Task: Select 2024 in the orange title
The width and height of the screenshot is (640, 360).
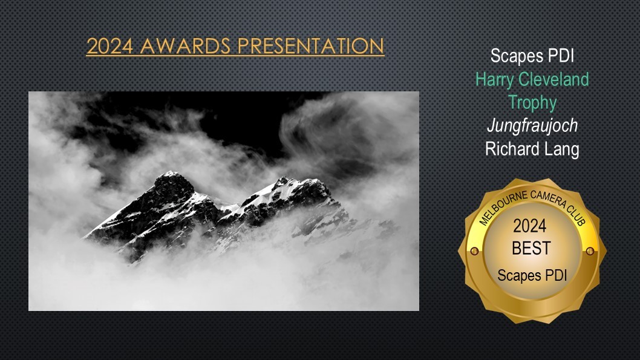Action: click(110, 46)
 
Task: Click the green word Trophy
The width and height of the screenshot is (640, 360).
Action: click(532, 102)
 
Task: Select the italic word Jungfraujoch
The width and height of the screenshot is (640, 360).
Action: click(532, 126)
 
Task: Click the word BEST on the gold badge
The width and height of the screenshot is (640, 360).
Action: click(531, 248)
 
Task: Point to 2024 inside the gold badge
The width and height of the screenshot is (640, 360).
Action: click(530, 226)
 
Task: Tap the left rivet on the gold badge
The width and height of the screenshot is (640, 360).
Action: click(474, 251)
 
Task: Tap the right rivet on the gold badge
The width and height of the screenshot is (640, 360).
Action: click(590, 251)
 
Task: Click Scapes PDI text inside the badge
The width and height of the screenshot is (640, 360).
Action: click(532, 275)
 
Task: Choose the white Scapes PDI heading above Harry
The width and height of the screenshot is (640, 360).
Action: click(532, 56)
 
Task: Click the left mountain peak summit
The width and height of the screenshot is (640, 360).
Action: click(171, 174)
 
